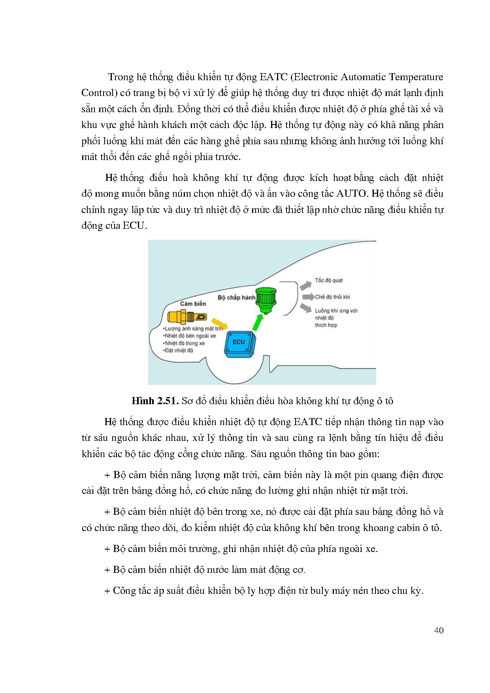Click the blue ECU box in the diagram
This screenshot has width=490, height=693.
pos(240,344)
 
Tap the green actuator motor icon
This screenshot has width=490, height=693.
pos(266,300)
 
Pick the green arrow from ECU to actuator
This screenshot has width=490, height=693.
pos(258,322)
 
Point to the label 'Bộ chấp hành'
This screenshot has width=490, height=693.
pos(236,298)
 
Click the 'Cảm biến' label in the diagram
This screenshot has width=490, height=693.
pos(193,303)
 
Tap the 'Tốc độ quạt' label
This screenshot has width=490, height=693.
pos(329,281)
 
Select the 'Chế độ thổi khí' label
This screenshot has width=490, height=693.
pos(332,297)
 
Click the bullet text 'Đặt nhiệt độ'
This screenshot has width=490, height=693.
pos(179,350)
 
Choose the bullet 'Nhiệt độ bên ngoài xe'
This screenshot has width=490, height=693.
pos(190,336)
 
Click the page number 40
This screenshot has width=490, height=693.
pos(438,631)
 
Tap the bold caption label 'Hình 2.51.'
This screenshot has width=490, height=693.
pos(155,401)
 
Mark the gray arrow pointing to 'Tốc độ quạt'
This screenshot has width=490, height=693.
pos(305,285)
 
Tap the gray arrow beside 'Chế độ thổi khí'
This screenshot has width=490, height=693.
pos(308,297)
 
